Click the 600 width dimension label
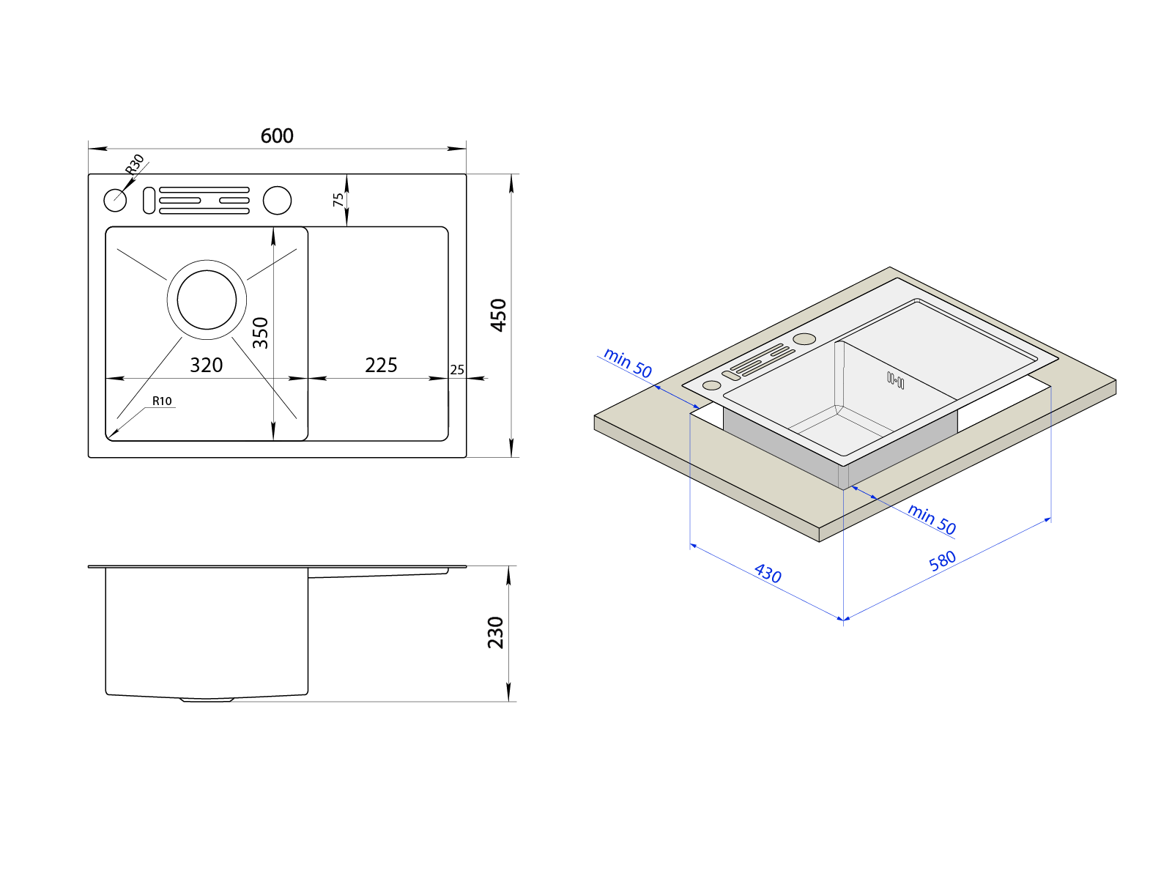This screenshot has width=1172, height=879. (277, 136)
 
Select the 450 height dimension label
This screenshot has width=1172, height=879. (498, 315)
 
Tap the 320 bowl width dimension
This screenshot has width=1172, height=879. (206, 365)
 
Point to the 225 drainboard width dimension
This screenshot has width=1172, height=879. (381, 365)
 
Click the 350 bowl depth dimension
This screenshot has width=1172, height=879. (261, 333)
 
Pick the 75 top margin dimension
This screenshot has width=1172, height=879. (338, 199)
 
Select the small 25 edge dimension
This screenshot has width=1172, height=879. (457, 370)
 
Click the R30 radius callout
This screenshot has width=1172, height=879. (135, 164)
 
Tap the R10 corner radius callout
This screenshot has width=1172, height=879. (162, 401)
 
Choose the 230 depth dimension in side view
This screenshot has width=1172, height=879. (496, 633)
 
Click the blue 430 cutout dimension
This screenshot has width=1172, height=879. (768, 573)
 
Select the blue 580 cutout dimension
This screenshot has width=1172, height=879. (943, 560)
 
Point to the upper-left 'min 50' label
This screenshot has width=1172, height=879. (628, 363)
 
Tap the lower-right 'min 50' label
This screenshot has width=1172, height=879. (932, 519)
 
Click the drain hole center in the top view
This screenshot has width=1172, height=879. (207, 300)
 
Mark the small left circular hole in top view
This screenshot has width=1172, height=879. (115, 200)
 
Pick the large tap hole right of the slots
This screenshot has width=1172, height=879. (277, 200)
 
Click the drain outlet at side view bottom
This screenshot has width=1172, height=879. (207, 700)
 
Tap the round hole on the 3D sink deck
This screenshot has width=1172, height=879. (804, 338)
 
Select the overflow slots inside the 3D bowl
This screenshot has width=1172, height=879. (895, 380)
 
